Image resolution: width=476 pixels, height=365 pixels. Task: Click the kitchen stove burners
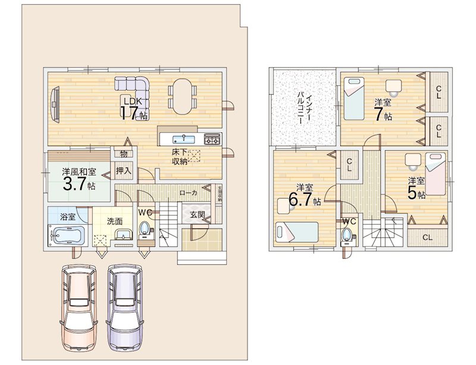212,139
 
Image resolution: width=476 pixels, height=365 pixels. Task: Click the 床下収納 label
181,156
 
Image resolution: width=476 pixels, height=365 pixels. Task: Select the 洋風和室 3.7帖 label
78,178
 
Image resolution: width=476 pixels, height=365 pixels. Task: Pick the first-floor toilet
145,230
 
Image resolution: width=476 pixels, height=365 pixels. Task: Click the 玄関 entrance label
198,215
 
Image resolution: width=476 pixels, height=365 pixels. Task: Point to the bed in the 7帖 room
356,101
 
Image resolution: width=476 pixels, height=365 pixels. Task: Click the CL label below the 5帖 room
427,237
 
